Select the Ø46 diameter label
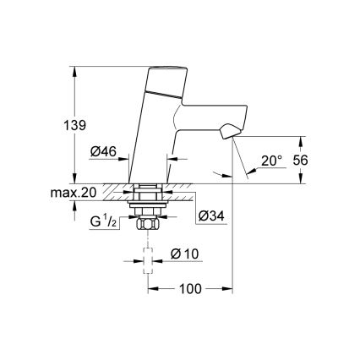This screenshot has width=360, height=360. pos(104,153)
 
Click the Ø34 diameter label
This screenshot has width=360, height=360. pos(211,217)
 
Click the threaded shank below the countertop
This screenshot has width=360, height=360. pos(149,207)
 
